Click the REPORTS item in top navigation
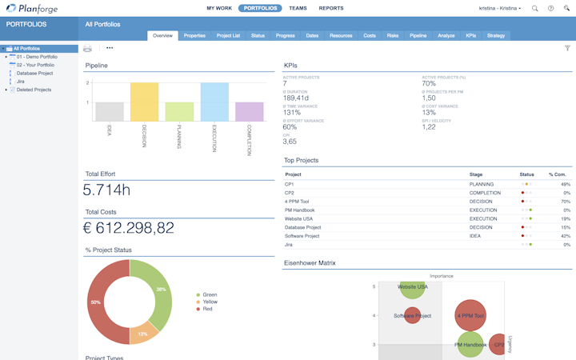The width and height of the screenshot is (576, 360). coord(331,8)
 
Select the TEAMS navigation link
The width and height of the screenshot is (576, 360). coord(298,8)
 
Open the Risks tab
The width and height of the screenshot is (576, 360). coord(393,36)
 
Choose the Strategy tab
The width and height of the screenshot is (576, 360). coord(495,36)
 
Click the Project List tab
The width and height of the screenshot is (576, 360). coord(228,36)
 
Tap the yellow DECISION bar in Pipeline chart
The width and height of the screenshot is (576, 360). coord(145,102)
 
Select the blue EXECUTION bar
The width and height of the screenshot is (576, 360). coord(214,102)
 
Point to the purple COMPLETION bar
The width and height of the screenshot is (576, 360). coord(250,111)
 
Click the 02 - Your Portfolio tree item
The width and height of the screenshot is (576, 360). coord(35,65)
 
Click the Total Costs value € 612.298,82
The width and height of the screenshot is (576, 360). coord(130,228)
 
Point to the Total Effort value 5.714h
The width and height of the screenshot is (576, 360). coord(107,190)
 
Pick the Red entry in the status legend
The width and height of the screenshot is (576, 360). coord(208,308)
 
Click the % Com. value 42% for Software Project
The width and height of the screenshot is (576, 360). coord(566,235)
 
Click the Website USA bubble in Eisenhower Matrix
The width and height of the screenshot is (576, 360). coord(412,286)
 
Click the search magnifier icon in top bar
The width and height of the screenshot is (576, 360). coord(535,8)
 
